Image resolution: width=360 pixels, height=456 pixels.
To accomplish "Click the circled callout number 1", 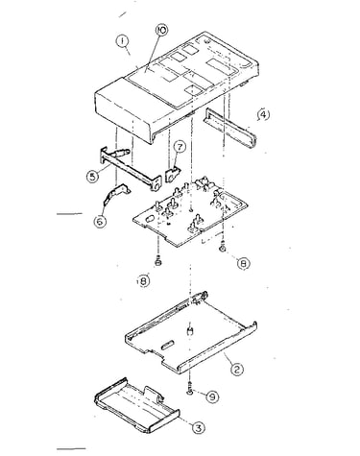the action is pyautogui.click(x=123, y=42).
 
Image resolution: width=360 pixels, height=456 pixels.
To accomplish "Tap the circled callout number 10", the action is pyautogui.click(x=161, y=31).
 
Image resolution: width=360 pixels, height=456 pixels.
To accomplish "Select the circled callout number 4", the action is pyautogui.click(x=263, y=115).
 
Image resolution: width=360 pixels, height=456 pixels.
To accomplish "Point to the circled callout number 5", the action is pyautogui.click(x=92, y=177).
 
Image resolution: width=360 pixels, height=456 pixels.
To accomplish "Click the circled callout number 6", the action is pyautogui.click(x=100, y=221).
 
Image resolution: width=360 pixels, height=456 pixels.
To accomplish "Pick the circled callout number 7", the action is pyautogui.click(x=180, y=147).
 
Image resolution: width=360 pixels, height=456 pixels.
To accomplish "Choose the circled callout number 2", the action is pyautogui.click(x=236, y=370).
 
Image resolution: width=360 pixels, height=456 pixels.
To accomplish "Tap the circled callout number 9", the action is pyautogui.click(x=211, y=397).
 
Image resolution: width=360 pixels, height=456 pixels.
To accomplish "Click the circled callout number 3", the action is pyautogui.click(x=198, y=427).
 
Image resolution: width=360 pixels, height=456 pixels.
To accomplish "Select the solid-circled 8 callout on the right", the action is pyautogui.click(x=244, y=263).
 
